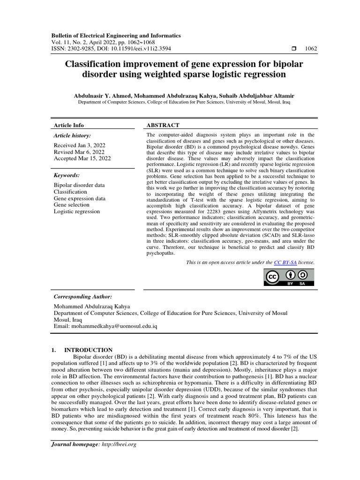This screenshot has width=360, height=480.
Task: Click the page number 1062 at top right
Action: click(x=311, y=48)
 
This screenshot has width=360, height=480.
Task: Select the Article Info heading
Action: click(x=69, y=125)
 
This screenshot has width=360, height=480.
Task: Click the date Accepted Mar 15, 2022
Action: click(x=82, y=158)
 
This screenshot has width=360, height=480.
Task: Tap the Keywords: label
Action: click(x=67, y=175)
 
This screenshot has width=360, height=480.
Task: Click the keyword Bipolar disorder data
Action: click(x=79, y=185)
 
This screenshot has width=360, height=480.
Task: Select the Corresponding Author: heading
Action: click(x=83, y=297)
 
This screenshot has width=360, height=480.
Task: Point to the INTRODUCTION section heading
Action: click(x=88, y=350)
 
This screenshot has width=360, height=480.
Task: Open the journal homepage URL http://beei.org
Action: click(x=119, y=444)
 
